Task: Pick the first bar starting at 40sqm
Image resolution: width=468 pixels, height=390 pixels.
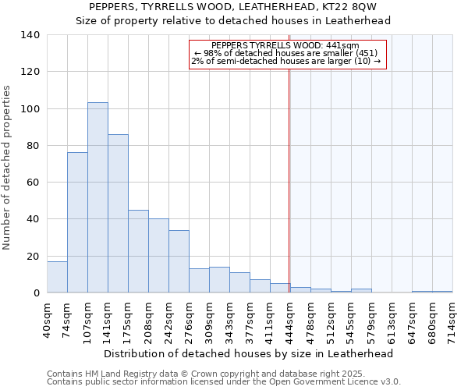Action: [x=57, y=277]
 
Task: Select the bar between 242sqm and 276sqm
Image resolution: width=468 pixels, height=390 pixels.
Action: [x=179, y=261]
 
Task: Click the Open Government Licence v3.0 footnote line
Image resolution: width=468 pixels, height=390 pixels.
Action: [x=224, y=381]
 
